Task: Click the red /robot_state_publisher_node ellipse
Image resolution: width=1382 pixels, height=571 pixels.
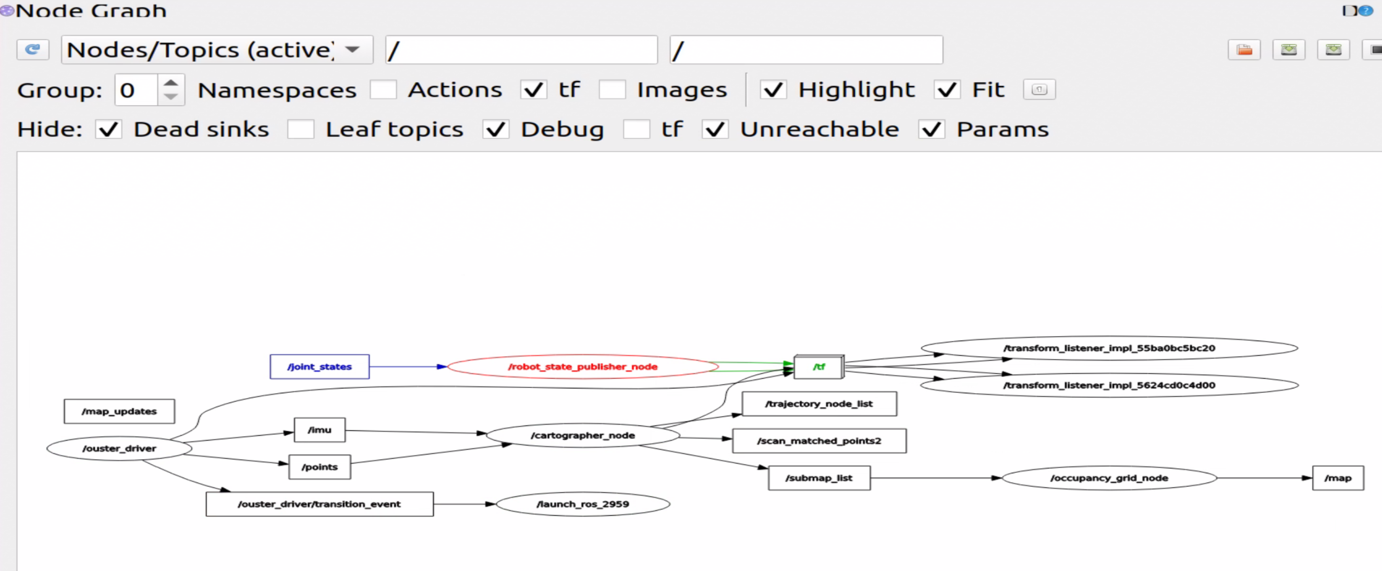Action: [x=583, y=367]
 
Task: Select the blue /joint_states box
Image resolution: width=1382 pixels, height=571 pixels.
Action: [x=319, y=367]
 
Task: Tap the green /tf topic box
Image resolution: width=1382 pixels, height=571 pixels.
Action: [x=819, y=367]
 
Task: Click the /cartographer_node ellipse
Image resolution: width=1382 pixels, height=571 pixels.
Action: [x=583, y=435]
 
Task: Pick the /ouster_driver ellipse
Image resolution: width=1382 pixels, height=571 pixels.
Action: [x=119, y=448]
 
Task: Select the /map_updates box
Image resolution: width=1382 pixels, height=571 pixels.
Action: [x=119, y=411]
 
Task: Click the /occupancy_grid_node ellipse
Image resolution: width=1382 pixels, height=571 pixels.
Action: [x=1109, y=478]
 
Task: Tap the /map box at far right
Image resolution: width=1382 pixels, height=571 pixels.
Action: [x=1338, y=478]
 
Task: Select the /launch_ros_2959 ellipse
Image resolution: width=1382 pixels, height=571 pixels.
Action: [x=583, y=504]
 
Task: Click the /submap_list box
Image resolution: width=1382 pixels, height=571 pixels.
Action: [x=819, y=478]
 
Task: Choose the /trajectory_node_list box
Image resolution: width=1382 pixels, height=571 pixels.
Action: [x=819, y=404]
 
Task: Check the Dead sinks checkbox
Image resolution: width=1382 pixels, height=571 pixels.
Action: [x=108, y=129]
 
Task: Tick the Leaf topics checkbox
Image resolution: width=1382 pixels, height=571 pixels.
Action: [x=301, y=129]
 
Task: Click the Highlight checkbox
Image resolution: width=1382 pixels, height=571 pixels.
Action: [x=773, y=90]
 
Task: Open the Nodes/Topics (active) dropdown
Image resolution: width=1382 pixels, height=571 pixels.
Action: [x=217, y=50]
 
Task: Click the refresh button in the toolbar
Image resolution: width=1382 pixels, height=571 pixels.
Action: [x=33, y=50]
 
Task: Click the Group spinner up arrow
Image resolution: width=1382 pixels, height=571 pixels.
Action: [x=171, y=83]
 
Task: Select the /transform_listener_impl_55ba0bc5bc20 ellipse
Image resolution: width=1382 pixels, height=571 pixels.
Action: [x=1109, y=348]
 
